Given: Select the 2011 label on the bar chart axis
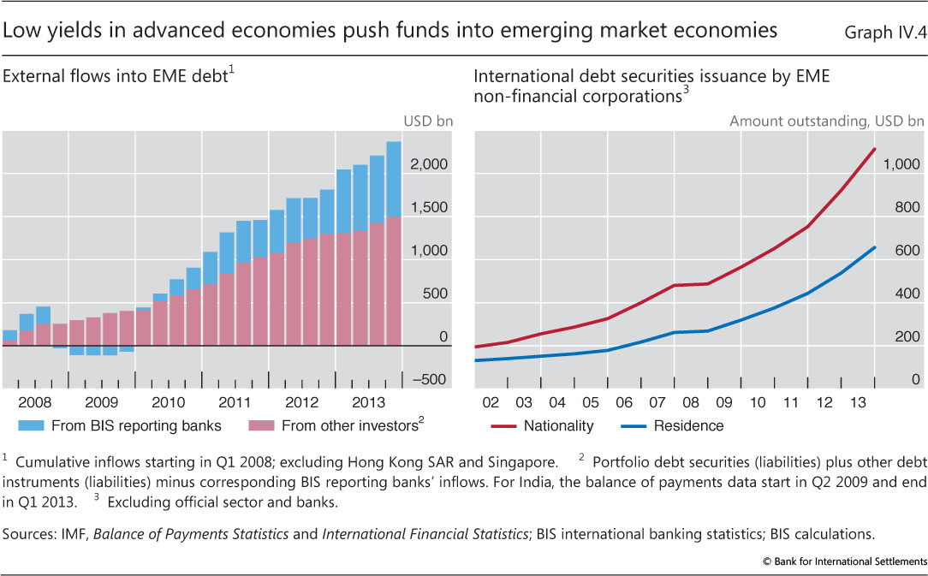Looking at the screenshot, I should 235,402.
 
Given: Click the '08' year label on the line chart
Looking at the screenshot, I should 690,402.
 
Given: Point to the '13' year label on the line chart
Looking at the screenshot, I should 857,402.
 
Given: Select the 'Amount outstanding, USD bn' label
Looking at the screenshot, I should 826,122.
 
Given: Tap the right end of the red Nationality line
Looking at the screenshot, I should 874,149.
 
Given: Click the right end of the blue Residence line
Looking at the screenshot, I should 874,247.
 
